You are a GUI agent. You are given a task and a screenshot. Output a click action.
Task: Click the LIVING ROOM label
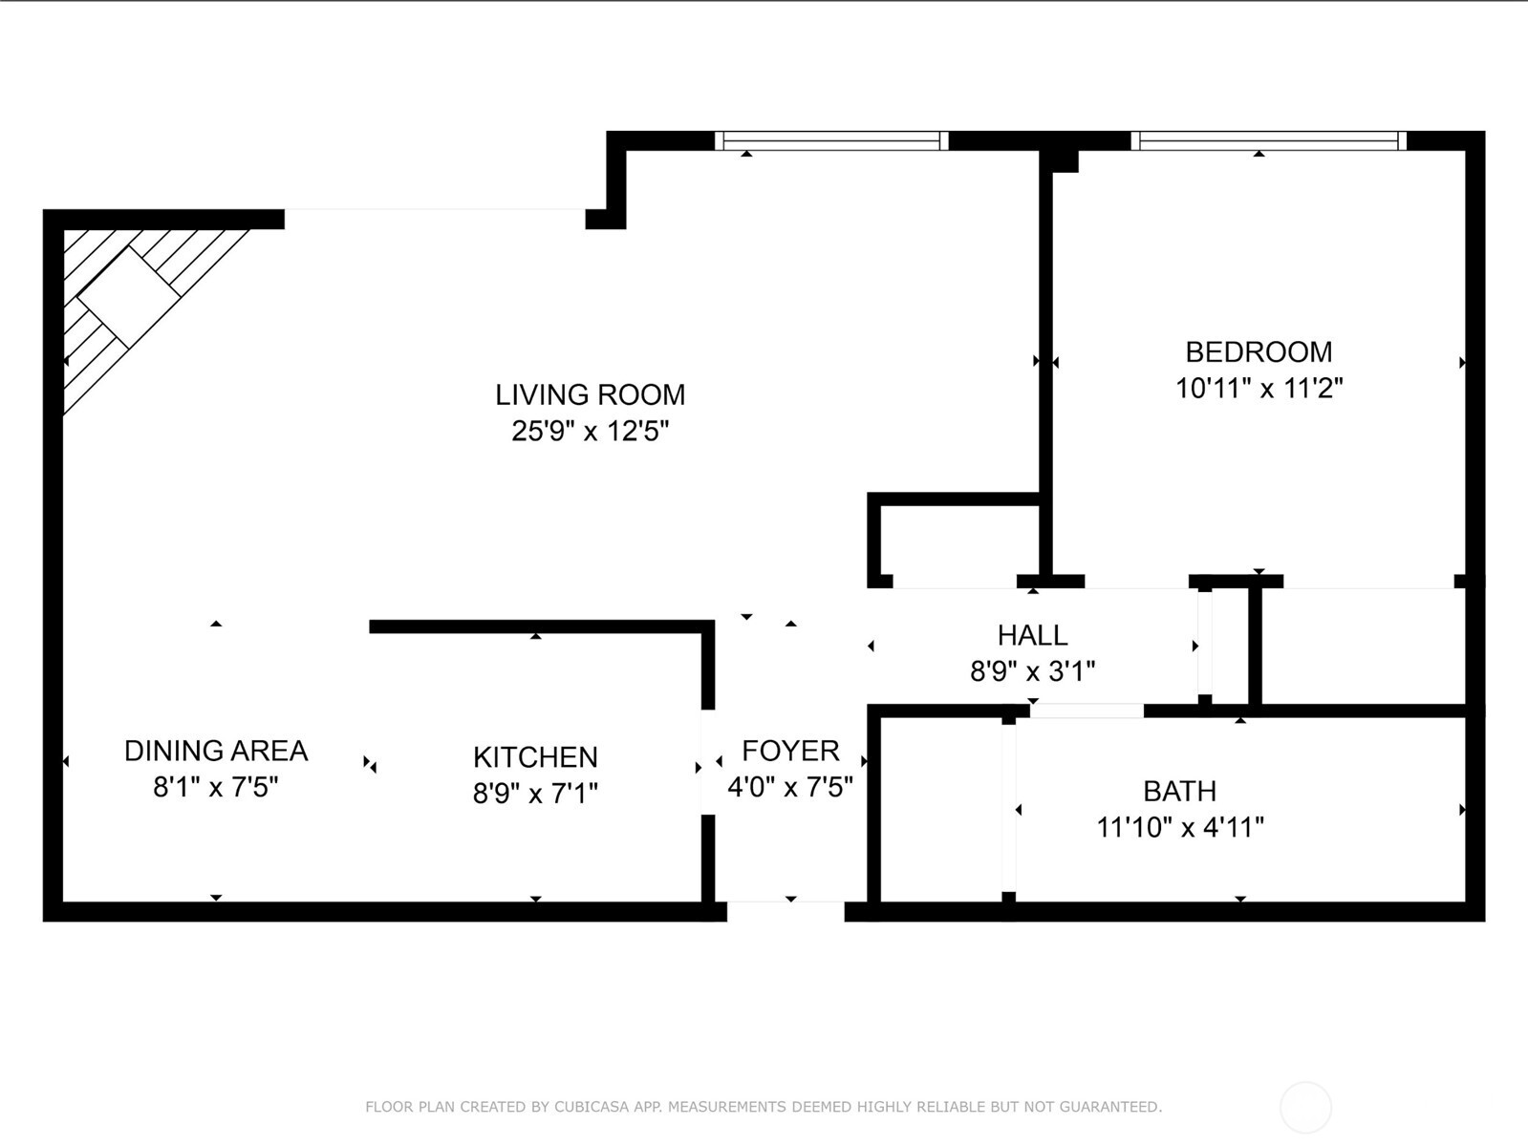(590, 394)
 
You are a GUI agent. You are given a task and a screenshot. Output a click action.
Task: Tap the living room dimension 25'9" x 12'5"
(590, 432)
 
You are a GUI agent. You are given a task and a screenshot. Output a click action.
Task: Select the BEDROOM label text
(1259, 351)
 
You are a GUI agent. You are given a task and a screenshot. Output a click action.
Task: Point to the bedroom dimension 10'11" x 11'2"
(1259, 389)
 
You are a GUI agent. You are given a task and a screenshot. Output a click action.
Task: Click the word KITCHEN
(535, 757)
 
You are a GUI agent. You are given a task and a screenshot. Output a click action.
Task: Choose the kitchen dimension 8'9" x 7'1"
(535, 794)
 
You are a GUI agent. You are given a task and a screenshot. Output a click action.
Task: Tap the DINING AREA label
(216, 751)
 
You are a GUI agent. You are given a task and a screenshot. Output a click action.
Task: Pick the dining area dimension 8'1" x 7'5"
(216, 788)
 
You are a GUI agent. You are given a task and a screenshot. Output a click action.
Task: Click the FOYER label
(790, 751)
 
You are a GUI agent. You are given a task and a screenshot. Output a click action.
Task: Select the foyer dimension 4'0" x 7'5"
(790, 788)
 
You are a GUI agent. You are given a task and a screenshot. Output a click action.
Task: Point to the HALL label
(1032, 635)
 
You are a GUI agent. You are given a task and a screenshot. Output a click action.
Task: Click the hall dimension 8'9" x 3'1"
(1032, 671)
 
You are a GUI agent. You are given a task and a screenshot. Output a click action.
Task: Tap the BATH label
(1179, 791)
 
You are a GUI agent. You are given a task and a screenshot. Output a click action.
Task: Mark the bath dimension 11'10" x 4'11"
(1179, 827)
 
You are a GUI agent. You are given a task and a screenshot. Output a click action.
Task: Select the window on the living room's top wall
(831, 141)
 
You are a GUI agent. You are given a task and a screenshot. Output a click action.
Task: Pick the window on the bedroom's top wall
(1268, 141)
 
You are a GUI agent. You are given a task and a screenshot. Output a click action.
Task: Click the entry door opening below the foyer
(786, 911)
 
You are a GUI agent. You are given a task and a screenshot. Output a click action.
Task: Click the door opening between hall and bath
(1087, 711)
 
